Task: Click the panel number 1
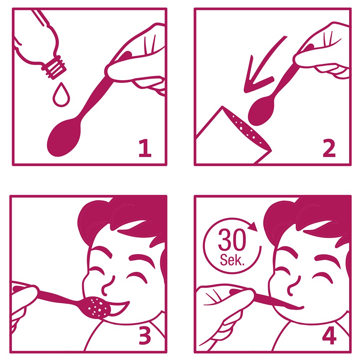tap(145, 148)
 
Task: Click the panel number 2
tap(329, 148)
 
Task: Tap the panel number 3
tap(145, 336)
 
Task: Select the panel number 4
tap(329, 336)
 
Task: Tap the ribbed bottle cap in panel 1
tap(55, 67)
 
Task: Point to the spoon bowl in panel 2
tap(261, 111)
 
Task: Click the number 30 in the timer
tap(232, 240)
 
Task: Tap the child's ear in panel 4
tap(348, 265)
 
